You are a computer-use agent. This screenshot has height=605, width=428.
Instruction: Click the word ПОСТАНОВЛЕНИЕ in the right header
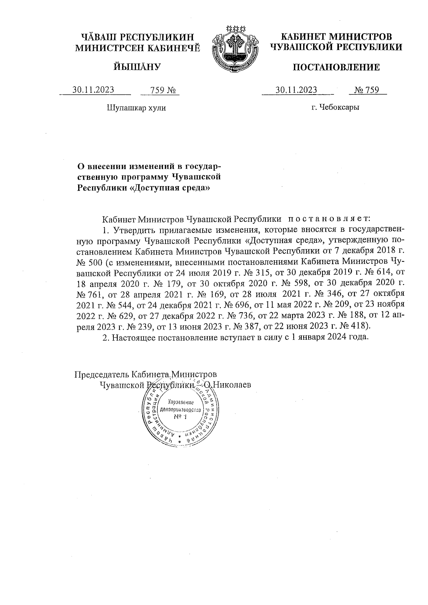tap(336, 67)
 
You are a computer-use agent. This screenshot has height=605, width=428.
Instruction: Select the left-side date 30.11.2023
tap(93, 90)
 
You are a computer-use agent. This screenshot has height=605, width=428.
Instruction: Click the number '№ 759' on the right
tap(367, 90)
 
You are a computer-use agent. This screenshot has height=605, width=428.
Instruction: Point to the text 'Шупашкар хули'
tap(136, 108)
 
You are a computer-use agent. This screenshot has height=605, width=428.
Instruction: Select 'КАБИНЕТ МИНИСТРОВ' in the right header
tap(336, 37)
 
